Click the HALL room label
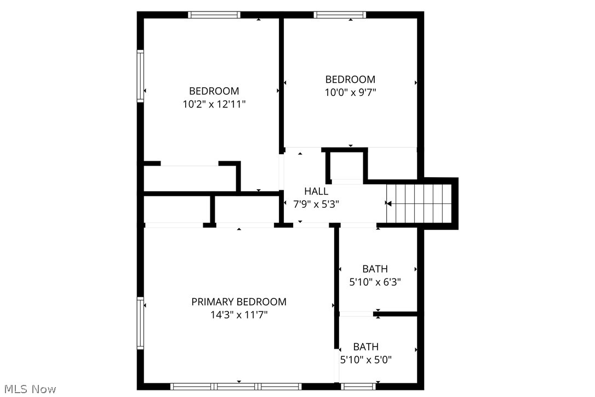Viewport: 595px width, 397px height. (316, 191)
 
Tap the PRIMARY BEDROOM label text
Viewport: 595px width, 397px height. (239, 302)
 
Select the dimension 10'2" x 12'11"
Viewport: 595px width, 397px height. (214, 104)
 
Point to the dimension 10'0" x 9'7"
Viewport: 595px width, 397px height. (351, 93)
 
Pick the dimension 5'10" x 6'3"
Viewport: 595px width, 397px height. (375, 282)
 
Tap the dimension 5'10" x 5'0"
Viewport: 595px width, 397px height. (366, 360)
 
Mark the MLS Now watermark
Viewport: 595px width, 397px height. (28, 389)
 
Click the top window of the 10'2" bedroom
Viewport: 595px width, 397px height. (214, 15)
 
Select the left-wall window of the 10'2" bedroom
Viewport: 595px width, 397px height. (140, 76)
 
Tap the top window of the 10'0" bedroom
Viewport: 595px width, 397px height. (340, 15)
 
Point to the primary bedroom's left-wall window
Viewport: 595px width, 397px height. (140, 323)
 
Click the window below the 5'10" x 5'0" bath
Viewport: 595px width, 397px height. (358, 386)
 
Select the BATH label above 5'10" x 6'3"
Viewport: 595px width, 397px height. (375, 269)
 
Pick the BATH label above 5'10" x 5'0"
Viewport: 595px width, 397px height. (366, 347)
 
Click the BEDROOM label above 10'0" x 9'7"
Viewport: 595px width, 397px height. (351, 80)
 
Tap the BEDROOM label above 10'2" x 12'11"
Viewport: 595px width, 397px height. (214, 91)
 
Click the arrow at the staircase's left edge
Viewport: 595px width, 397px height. (388, 203)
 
